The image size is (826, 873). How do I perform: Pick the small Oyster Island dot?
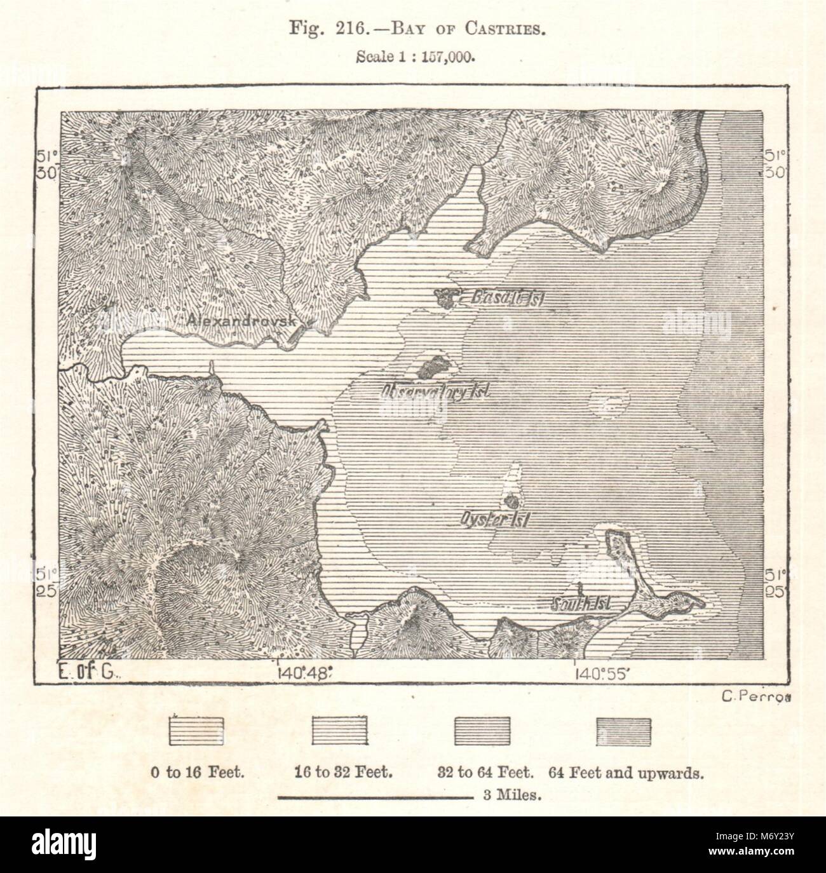(510, 500)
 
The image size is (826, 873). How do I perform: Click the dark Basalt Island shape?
(447, 297)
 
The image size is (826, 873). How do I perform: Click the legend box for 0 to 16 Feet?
(196, 731)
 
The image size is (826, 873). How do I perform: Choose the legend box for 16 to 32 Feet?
(339, 731)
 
